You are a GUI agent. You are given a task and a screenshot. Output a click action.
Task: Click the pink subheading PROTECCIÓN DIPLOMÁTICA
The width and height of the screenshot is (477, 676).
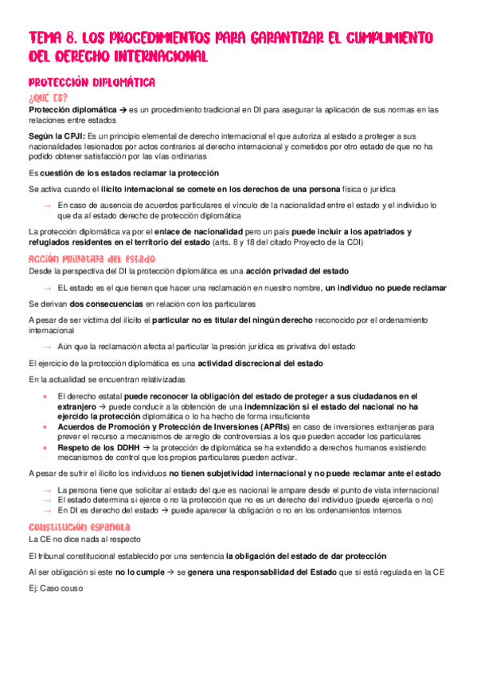(x=92, y=82)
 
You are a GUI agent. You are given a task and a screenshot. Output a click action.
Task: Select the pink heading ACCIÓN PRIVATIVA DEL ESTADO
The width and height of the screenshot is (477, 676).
(x=92, y=259)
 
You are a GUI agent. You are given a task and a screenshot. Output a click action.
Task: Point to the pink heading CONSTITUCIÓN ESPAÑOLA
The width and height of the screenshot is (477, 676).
(x=80, y=527)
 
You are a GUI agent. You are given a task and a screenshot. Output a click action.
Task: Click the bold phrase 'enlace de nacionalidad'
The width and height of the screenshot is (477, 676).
(x=199, y=232)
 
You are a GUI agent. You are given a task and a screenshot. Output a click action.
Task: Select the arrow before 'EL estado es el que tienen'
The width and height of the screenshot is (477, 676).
(x=48, y=288)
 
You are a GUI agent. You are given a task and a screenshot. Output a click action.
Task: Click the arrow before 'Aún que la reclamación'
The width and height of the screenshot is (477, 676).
(x=48, y=347)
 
